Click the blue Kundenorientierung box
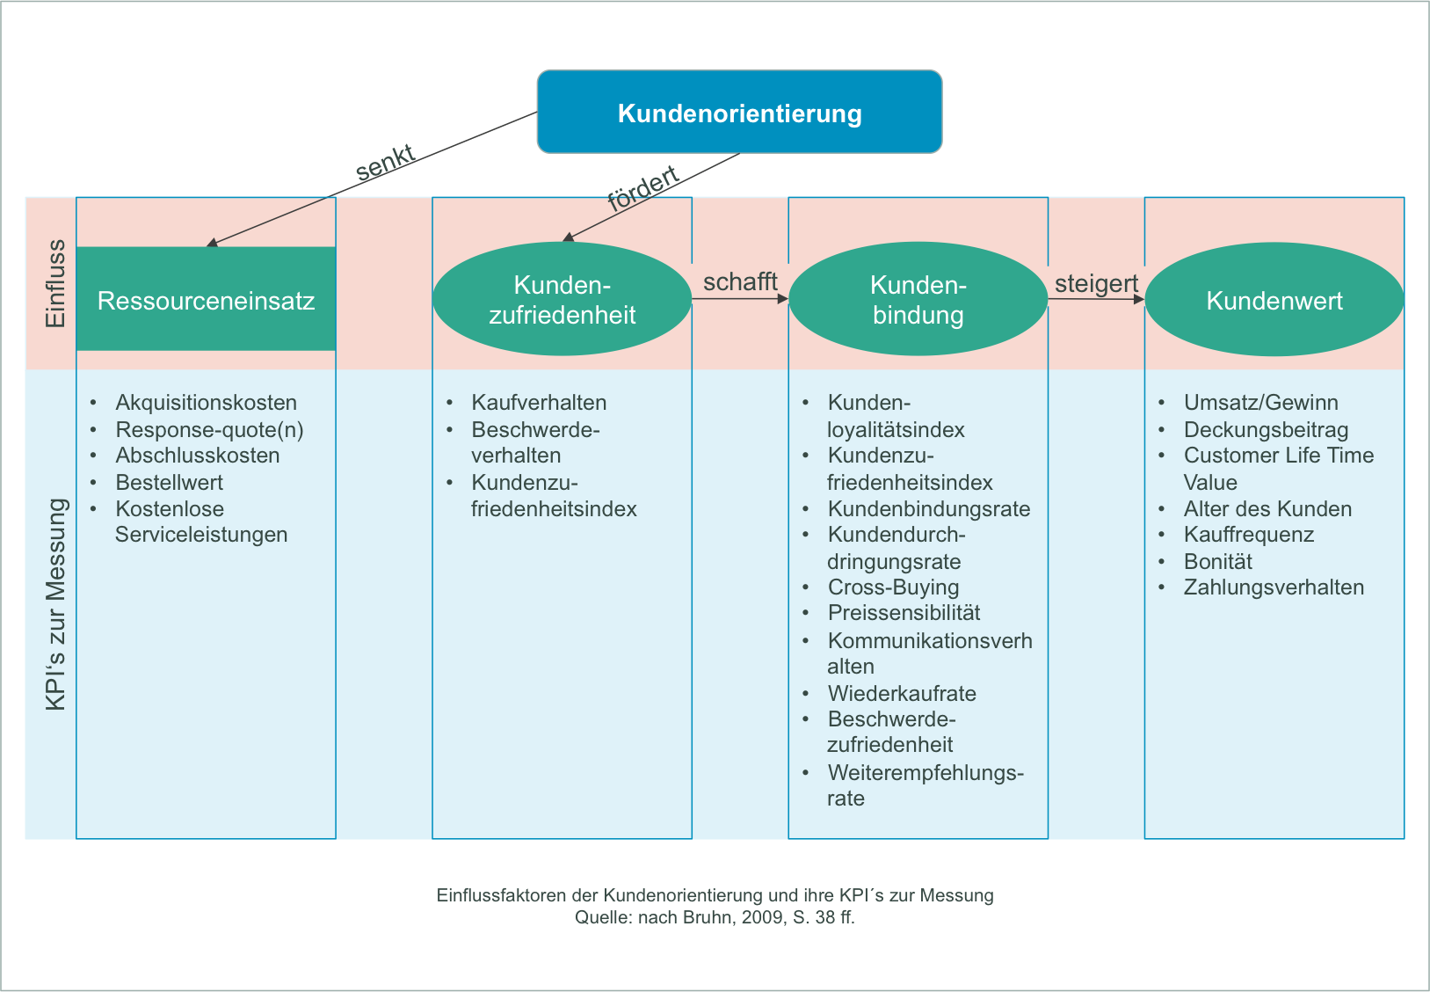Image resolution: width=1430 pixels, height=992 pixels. click(739, 113)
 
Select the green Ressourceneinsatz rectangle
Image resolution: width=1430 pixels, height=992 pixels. click(206, 300)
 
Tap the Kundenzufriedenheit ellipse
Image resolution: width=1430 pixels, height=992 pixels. click(562, 300)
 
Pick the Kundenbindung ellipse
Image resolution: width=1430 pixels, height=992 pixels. click(918, 300)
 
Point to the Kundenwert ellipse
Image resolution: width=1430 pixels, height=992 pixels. click(1274, 301)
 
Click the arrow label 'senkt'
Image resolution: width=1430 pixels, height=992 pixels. click(385, 164)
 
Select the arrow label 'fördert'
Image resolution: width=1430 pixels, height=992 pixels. click(643, 188)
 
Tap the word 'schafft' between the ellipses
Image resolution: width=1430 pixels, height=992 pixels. click(740, 281)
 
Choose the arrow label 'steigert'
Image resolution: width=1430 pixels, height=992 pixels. click(1096, 283)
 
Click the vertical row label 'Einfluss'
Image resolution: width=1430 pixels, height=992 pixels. click(55, 283)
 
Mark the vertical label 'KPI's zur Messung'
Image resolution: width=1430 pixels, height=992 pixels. click(55, 604)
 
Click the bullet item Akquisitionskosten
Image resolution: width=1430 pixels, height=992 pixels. click(206, 403)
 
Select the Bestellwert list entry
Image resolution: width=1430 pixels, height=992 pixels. click(170, 482)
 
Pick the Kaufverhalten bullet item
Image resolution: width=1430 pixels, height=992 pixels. click(539, 403)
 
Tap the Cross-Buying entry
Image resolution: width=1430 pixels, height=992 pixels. click(893, 587)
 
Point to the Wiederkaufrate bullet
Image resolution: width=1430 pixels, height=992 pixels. click(902, 693)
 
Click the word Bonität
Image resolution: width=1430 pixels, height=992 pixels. click(1217, 561)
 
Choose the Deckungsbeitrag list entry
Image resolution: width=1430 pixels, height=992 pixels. click(1266, 429)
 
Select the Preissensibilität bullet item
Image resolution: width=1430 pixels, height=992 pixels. click(904, 613)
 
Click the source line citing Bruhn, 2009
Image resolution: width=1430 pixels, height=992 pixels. click(715, 917)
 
